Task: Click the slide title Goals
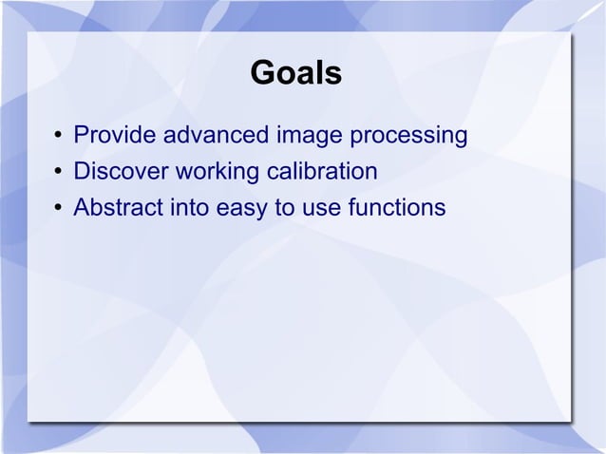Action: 295,74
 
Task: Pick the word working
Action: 212,174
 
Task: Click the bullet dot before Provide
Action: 57,139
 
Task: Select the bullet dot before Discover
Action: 57,174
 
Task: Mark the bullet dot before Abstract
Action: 57,208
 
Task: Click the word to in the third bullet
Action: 284,206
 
